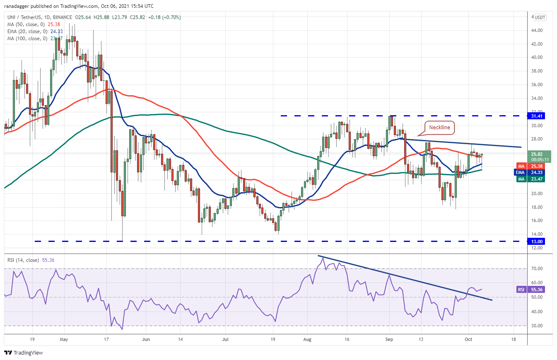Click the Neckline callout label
point(439,128)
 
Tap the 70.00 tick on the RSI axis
point(538,268)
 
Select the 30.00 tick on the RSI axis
point(538,326)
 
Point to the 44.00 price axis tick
point(538,30)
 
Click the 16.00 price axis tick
point(538,221)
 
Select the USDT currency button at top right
point(540,17)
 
